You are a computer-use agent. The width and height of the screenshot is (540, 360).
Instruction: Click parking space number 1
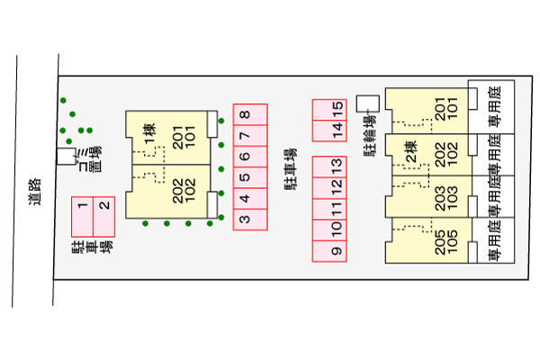83,207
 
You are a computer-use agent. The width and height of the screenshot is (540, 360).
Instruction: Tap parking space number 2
104,207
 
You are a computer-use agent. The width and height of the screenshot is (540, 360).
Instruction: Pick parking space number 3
245,217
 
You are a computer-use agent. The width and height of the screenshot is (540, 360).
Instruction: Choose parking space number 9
335,250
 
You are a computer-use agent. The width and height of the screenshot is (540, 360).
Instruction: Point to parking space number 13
335,166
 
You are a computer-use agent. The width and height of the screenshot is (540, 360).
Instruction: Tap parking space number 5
245,176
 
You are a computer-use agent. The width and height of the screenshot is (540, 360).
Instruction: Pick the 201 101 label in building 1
184,135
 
